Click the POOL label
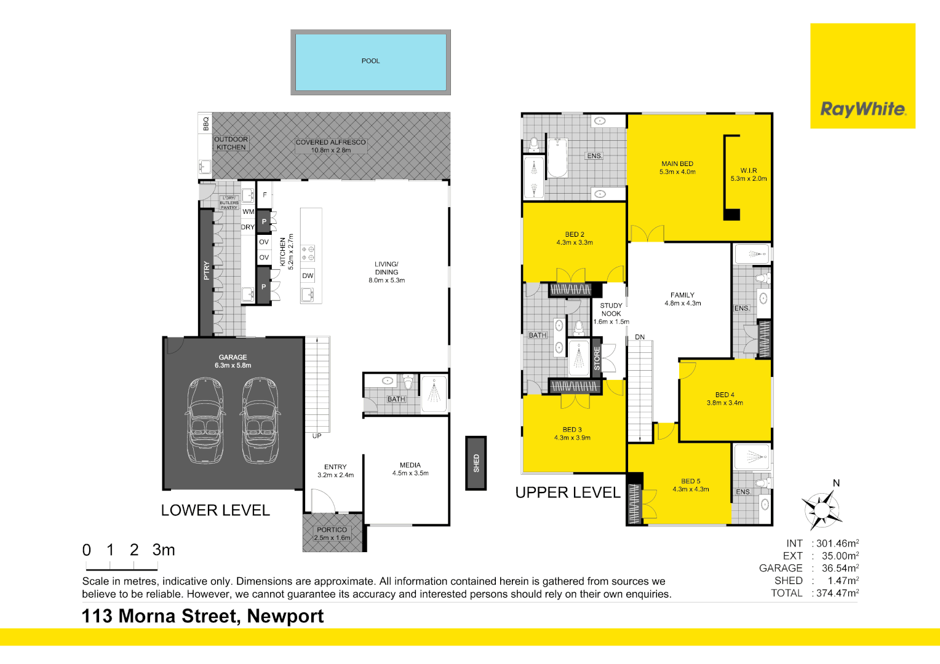point(370,61)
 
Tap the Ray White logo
point(862,76)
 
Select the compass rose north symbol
point(822,508)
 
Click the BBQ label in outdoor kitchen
point(205,124)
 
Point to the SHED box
point(476,463)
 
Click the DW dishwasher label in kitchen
point(308,275)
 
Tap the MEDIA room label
point(410,465)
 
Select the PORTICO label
point(332,530)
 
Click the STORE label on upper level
point(597,358)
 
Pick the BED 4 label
point(725,395)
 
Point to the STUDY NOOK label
point(611,309)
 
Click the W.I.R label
point(749,170)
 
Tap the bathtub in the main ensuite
point(557,158)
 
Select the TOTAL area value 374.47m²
point(838,593)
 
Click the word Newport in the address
point(285,616)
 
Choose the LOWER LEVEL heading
point(215,510)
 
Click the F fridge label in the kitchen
point(265,195)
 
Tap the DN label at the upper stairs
point(640,337)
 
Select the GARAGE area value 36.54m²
point(840,568)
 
